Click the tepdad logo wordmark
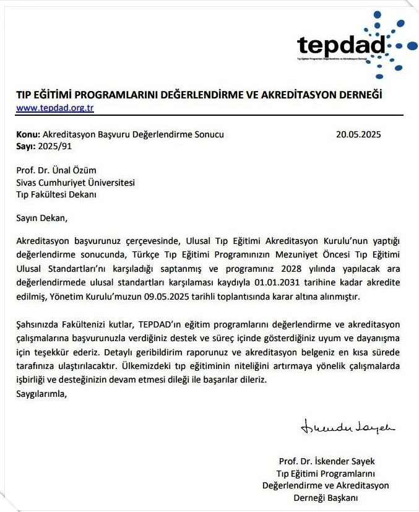[x=342, y=45]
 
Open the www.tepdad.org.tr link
[x=54, y=107]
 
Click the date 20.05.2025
[x=358, y=134]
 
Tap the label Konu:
[x=28, y=134]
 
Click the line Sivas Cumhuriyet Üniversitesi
[x=75, y=183]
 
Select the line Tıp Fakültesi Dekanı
[x=57, y=194]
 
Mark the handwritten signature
[x=347, y=428]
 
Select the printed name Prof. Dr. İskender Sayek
[x=335, y=461]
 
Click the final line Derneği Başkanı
[x=326, y=498]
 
